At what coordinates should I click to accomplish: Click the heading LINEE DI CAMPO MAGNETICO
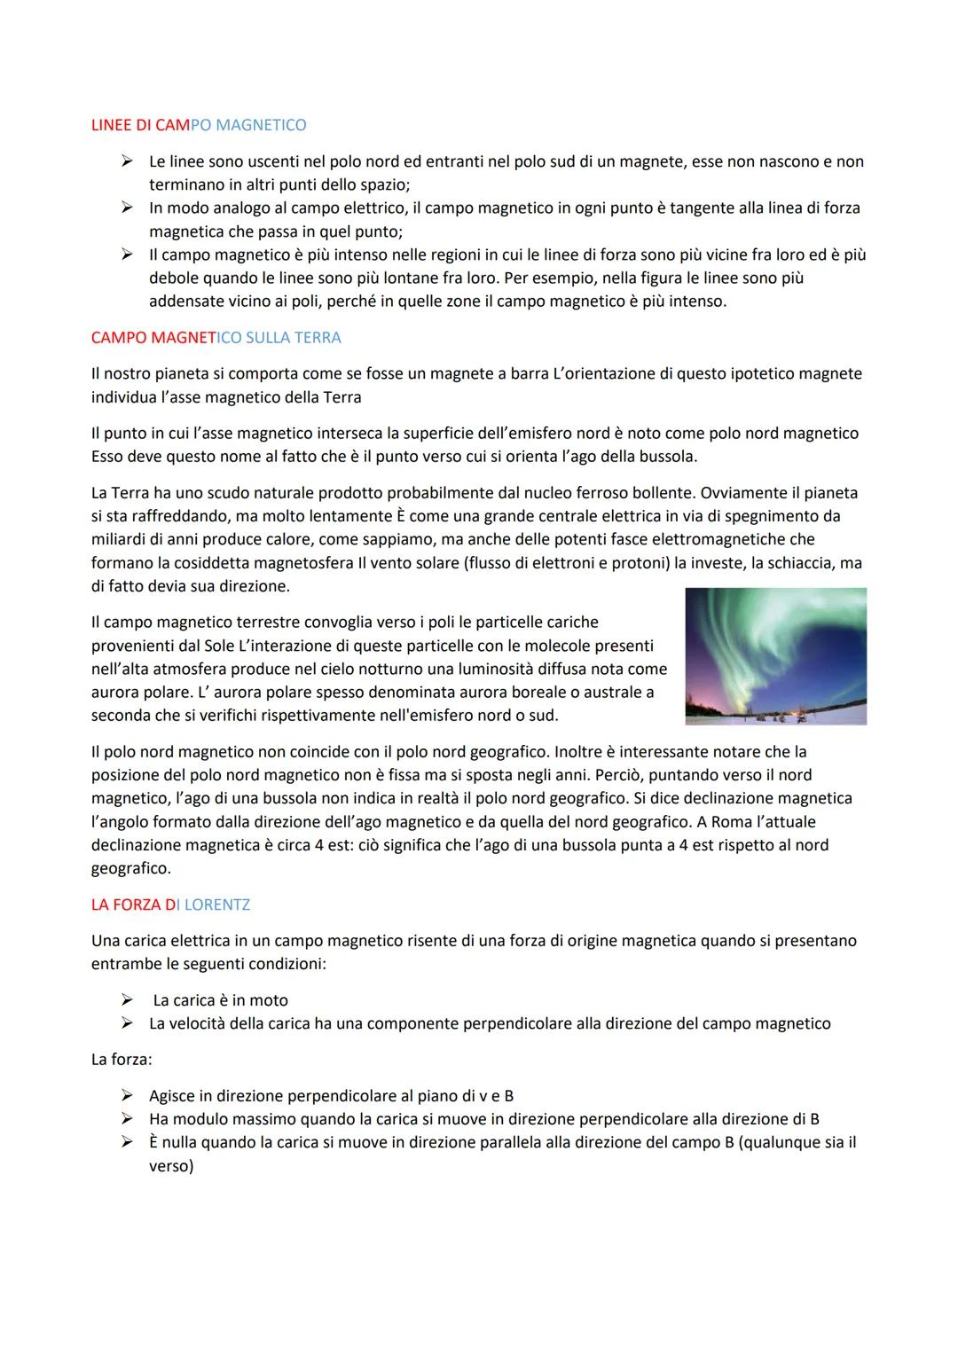pyautogui.click(x=199, y=125)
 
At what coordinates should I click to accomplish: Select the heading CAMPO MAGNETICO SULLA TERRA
pyautogui.click(x=216, y=338)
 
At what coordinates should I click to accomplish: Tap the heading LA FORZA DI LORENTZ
pyautogui.click(x=170, y=905)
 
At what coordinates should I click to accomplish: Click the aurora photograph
pyautogui.click(x=775, y=656)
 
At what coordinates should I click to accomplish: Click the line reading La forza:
pyautogui.click(x=122, y=1059)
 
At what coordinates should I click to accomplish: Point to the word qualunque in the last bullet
pyautogui.click(x=780, y=1142)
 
